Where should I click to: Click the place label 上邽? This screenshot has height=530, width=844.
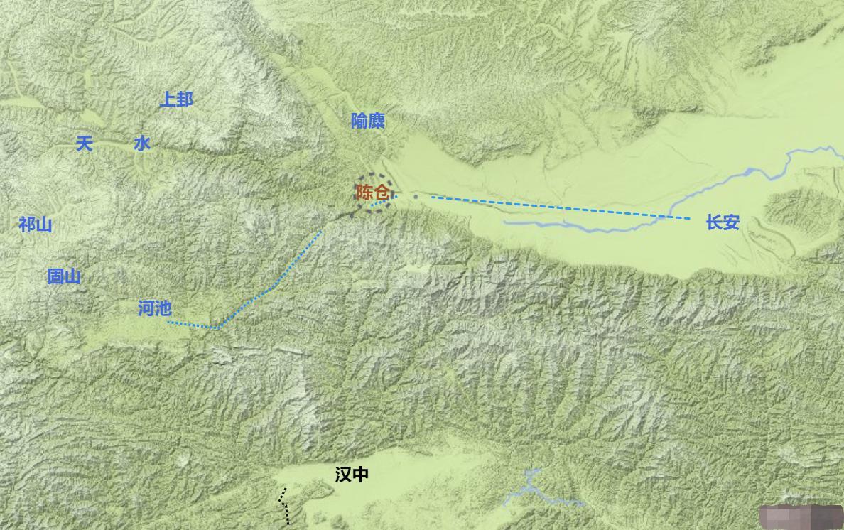175,99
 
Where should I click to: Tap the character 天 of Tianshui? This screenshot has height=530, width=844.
85,144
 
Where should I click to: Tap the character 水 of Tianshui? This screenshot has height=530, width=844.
142,144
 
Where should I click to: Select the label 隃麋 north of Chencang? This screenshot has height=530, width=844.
368,121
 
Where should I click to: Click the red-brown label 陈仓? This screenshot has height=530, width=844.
372,193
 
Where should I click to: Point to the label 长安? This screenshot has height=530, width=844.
723,223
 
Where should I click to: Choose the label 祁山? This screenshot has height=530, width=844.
36,225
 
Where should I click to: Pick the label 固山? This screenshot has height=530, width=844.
64,277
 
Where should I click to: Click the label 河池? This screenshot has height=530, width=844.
155,308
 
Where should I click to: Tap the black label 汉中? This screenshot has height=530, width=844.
352,475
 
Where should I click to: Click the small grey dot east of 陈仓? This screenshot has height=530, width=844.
416,195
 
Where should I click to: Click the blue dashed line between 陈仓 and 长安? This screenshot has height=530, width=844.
554,207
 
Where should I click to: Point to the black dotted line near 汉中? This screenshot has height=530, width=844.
285,506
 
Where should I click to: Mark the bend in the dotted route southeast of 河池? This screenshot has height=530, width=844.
217,328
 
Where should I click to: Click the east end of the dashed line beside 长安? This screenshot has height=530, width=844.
689,218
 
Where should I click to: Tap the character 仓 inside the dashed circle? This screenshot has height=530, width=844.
381,193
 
